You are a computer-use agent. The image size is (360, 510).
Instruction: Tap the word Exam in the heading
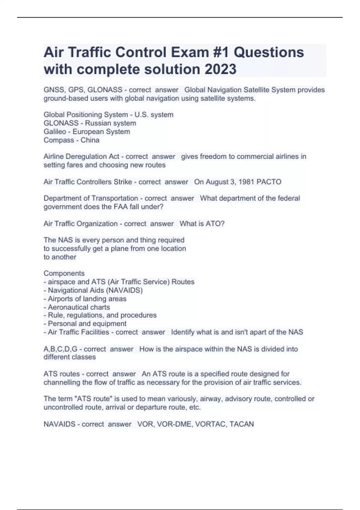click(190, 52)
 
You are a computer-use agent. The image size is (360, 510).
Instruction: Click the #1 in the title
click(221, 52)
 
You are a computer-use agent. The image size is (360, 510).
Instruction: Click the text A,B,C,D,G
click(60, 349)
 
